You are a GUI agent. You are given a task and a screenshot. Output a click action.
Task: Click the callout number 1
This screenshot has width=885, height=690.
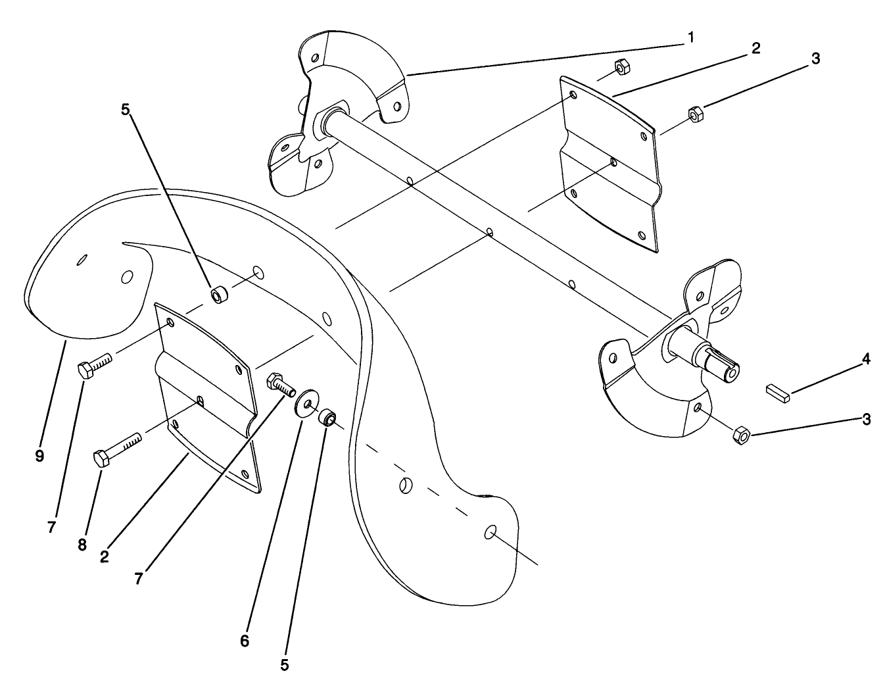[690, 37]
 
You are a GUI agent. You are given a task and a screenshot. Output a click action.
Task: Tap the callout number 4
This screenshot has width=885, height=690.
[866, 359]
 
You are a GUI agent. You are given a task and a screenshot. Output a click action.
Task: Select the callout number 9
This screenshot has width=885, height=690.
[39, 456]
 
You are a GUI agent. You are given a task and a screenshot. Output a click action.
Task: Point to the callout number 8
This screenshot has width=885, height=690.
[82, 545]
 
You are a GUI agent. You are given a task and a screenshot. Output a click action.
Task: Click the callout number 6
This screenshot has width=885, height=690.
[245, 641]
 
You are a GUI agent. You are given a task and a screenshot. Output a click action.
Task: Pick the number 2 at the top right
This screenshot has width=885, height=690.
[756, 48]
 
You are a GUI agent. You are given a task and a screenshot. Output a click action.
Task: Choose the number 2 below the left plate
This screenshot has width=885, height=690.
[105, 556]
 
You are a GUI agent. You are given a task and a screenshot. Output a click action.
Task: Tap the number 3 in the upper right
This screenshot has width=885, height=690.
[815, 59]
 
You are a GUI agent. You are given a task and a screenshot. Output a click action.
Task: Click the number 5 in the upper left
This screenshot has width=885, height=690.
[126, 109]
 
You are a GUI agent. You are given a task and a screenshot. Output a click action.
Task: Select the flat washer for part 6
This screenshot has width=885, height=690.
[307, 402]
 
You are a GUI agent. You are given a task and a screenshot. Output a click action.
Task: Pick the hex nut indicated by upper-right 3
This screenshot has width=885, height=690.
[693, 113]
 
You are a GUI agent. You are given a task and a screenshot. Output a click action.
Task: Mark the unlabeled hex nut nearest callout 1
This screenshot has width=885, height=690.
[620, 66]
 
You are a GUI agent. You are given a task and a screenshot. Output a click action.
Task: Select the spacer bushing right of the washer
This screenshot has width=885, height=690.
[327, 417]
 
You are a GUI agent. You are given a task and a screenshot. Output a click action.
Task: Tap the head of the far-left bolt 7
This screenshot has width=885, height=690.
[87, 369]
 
